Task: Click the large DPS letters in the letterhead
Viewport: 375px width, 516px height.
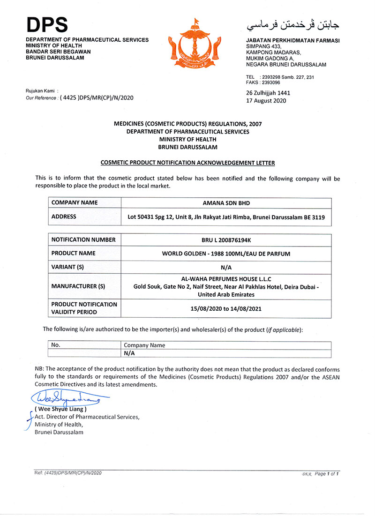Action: coord(47,24)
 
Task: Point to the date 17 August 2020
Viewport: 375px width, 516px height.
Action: coord(266,100)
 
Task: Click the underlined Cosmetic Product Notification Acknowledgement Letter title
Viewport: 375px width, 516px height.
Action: coord(187,163)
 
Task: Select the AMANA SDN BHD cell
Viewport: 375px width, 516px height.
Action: coord(226,203)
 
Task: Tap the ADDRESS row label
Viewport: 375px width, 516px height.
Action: coord(64,217)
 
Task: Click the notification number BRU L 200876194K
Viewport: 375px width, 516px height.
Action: coord(226,240)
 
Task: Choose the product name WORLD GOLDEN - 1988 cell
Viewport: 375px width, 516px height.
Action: coord(226,254)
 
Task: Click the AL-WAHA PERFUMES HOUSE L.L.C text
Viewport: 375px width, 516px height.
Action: coord(226,279)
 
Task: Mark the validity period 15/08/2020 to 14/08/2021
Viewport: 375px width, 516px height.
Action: coord(226,308)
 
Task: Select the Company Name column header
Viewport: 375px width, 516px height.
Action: coord(144,345)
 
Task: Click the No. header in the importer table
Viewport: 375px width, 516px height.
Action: coord(56,345)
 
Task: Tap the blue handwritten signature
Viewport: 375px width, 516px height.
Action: coord(66,398)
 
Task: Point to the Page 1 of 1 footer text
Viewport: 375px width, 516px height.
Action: coord(326,474)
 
